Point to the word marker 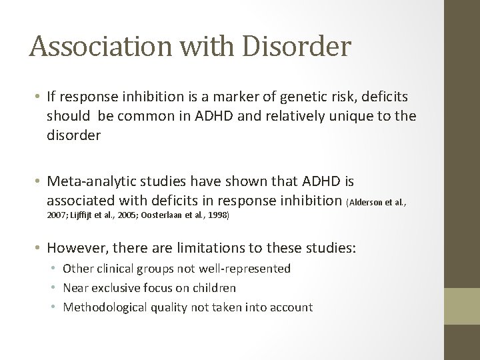click(213, 97)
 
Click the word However click(72, 248)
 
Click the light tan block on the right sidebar click(462, 307)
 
